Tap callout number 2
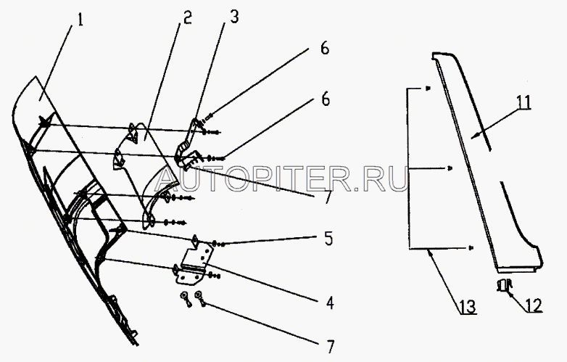click(x=186, y=18)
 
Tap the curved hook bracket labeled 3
click(x=190, y=142)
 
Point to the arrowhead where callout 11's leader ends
click(x=471, y=136)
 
